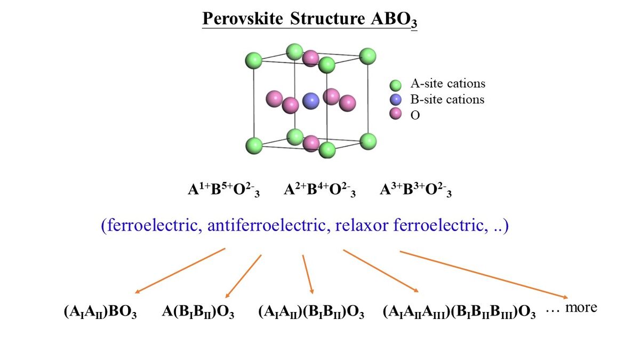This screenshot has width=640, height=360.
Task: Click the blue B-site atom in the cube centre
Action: point(310,100)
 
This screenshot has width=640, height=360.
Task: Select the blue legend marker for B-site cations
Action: point(395,99)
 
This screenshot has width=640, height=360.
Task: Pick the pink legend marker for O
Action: point(395,114)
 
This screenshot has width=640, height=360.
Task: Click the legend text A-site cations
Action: point(447,84)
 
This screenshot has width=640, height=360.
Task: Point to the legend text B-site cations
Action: point(447,99)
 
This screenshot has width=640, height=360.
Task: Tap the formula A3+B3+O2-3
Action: point(415,190)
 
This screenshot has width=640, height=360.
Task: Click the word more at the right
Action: point(581,308)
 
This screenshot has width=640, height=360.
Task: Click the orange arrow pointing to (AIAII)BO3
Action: point(180,270)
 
